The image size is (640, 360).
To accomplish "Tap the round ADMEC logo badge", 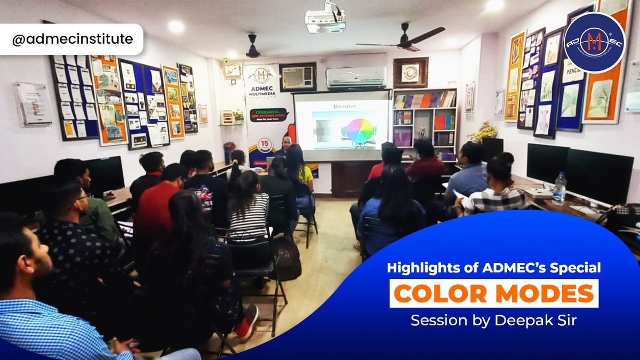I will coord(594,43).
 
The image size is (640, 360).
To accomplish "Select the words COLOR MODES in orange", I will coord(494,294).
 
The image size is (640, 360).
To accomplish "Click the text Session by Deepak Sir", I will coord(493,321).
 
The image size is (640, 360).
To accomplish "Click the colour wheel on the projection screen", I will coord(359,130).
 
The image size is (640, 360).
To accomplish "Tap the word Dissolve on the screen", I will coord(345,106).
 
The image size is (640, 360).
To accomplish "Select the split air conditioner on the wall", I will coord(356,77).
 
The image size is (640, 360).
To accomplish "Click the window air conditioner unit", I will coord(298,77).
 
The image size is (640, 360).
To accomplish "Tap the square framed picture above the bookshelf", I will coord(410,72).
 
